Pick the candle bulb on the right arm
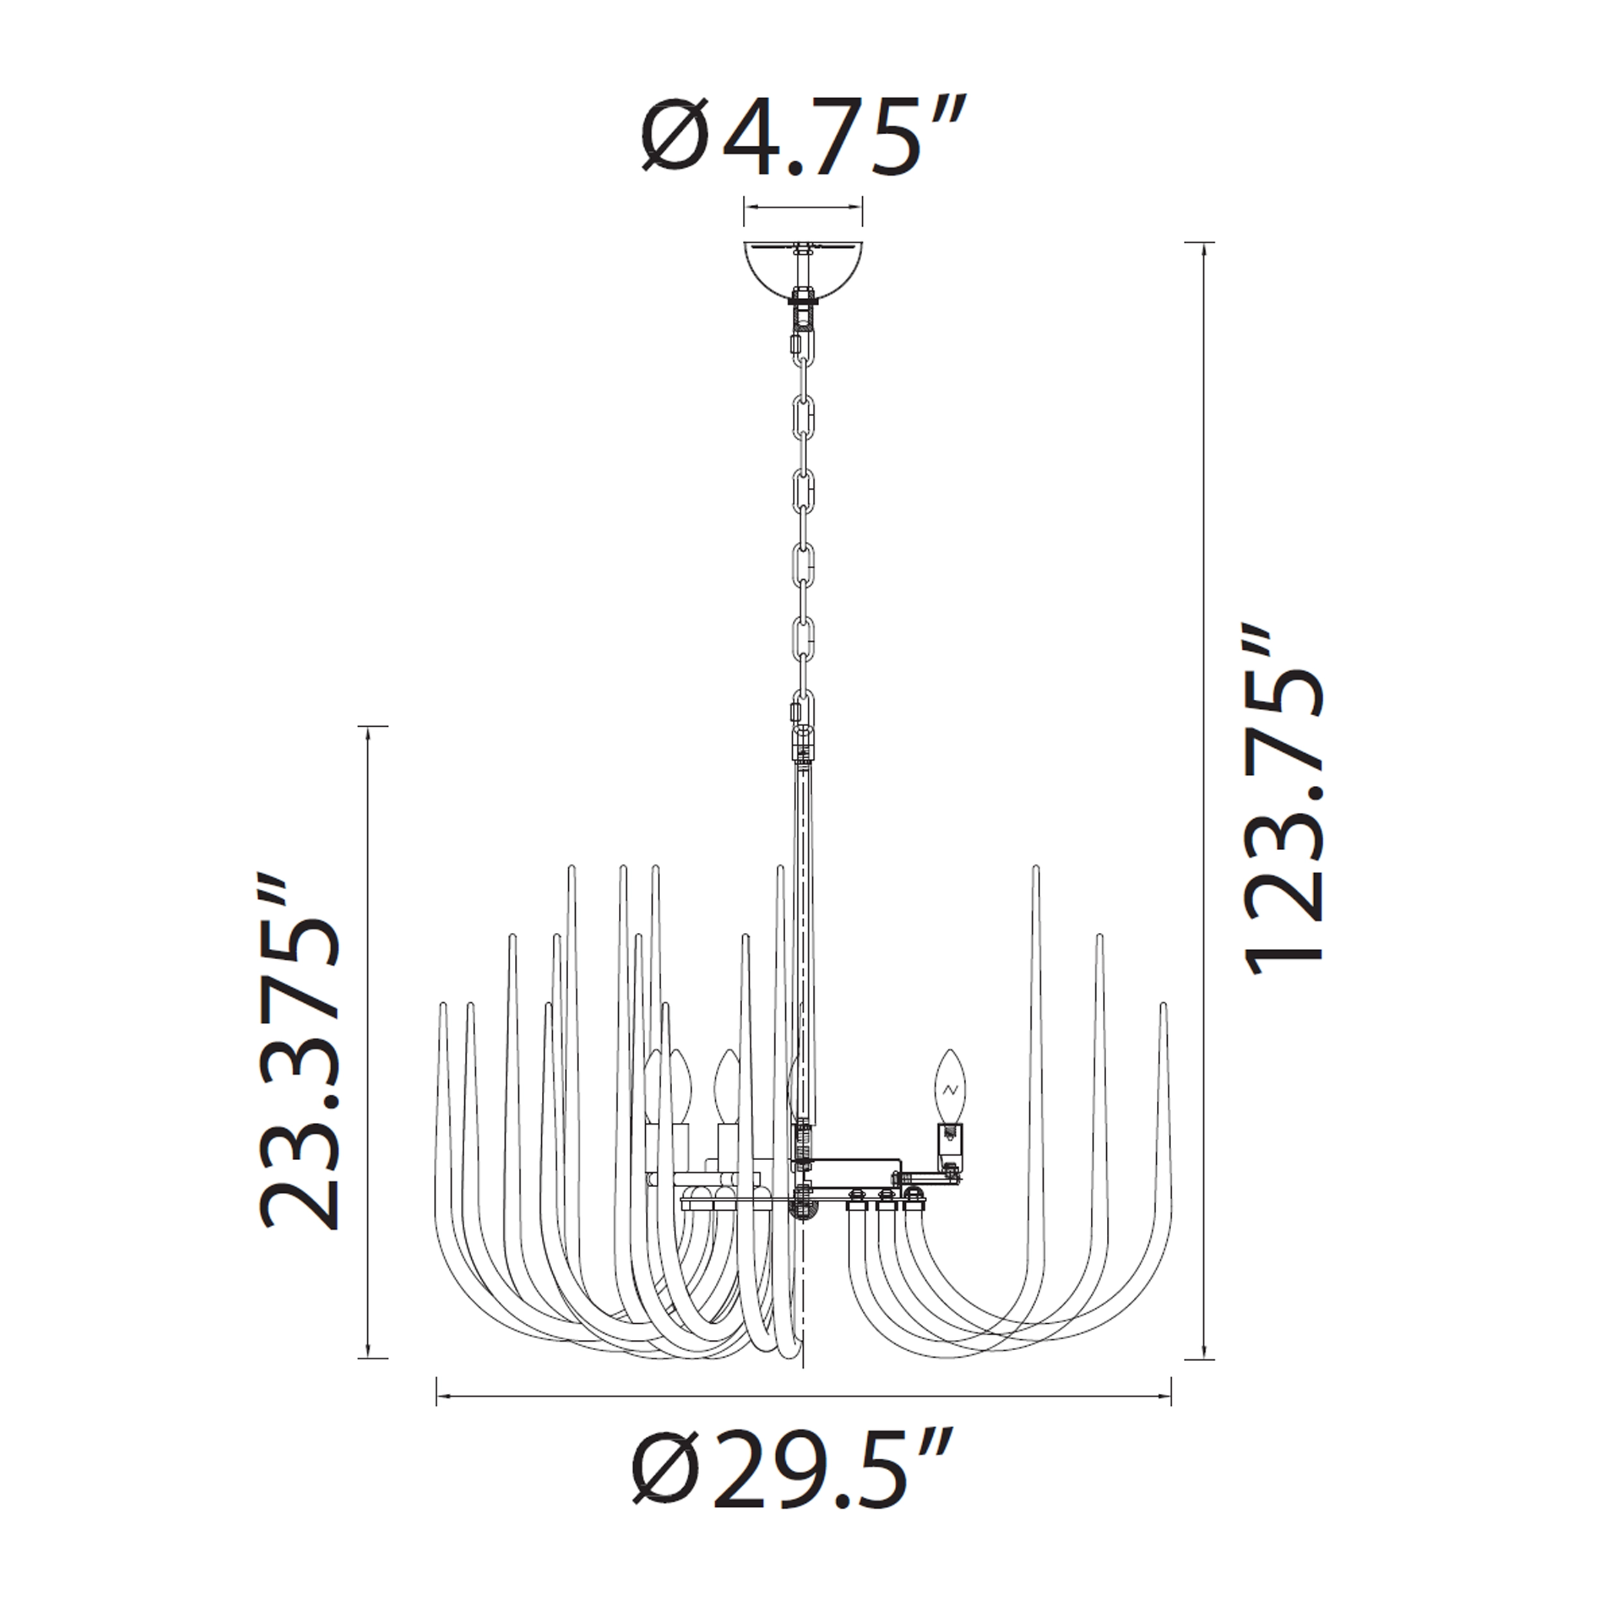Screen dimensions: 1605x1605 [x=950, y=1086]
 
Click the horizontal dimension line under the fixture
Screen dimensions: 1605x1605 [x=803, y=1398]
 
